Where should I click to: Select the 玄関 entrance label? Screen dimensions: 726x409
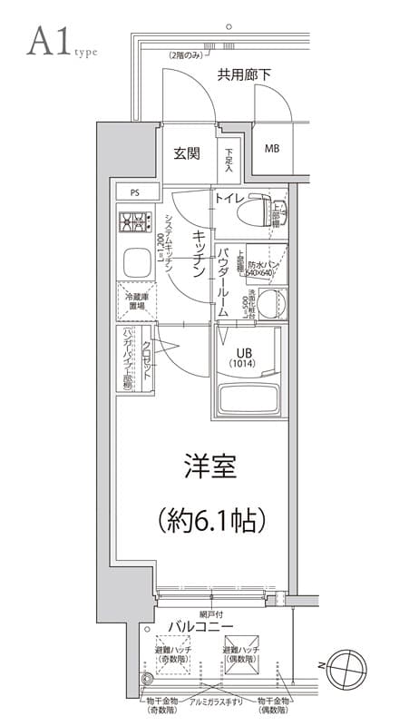tap(187, 153)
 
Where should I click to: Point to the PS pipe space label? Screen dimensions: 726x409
tap(134, 192)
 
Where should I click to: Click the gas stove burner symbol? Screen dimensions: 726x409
tap(135, 221)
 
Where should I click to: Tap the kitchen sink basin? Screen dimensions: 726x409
tap(137, 264)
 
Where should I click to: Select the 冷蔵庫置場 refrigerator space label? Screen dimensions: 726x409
tap(135, 301)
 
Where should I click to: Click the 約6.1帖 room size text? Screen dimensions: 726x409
tap(210, 520)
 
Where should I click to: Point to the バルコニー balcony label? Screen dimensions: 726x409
tap(200, 628)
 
